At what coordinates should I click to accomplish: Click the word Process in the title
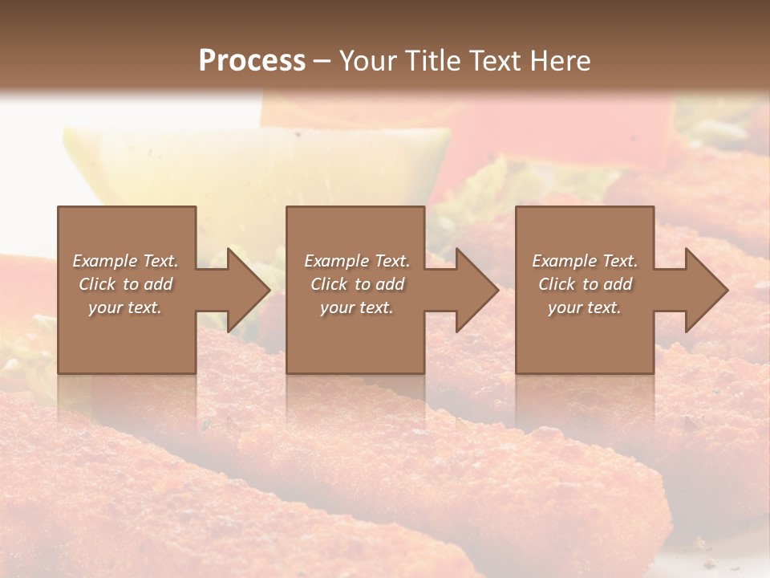[x=252, y=61]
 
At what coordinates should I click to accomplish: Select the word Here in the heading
[x=561, y=61]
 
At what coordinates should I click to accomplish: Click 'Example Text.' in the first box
[x=125, y=261]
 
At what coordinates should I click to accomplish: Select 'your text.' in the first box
[x=125, y=307]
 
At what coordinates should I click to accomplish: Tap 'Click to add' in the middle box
[x=357, y=284]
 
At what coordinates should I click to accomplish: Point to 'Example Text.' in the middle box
[x=357, y=261]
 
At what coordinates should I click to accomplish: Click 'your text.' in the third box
[x=585, y=307]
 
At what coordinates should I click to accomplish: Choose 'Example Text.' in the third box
[x=585, y=261]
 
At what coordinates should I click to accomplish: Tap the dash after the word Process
[x=322, y=61]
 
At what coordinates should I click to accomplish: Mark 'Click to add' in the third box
[x=585, y=284]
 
